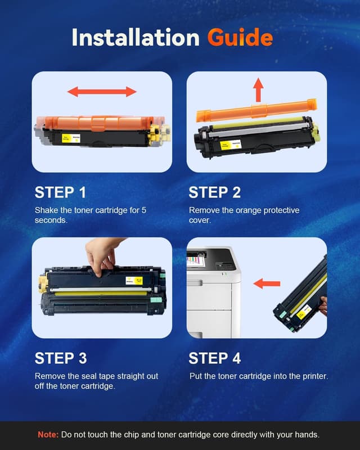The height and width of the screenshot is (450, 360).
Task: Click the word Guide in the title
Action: pyautogui.click(x=240, y=38)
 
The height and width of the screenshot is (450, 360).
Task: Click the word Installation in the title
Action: pyautogui.click(x=135, y=38)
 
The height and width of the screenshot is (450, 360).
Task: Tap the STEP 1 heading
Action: pyautogui.click(x=60, y=192)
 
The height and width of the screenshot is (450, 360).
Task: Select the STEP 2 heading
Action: pyautogui.click(x=214, y=192)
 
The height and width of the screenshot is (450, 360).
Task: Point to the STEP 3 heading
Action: pyautogui.click(x=60, y=358)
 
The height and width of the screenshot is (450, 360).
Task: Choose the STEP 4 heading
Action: pyautogui.click(x=214, y=358)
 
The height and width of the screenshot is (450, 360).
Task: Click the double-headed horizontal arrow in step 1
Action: pyautogui.click(x=102, y=92)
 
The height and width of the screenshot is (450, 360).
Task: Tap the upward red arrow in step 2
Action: pyautogui.click(x=258, y=89)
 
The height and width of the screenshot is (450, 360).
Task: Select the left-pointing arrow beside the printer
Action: pyautogui.click(x=266, y=283)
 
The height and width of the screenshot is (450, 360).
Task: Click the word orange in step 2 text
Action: pyautogui.click(x=255, y=210)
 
